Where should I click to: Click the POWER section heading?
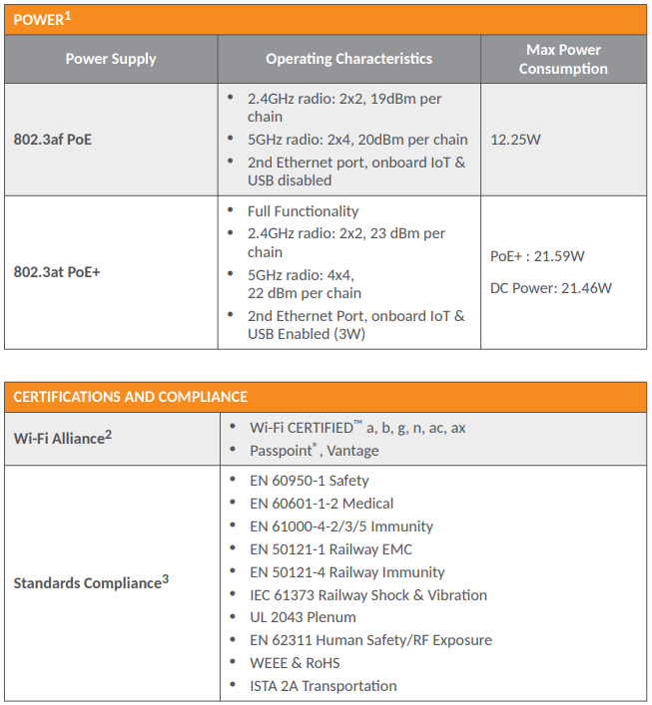(x=41, y=19)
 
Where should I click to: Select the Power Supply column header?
(x=111, y=59)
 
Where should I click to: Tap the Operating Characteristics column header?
(x=348, y=59)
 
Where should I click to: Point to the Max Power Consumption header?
(x=563, y=59)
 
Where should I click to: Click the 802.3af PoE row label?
(x=52, y=140)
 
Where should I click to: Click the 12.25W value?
(x=515, y=140)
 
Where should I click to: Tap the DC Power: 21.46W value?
(x=550, y=288)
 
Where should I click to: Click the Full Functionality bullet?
(x=303, y=211)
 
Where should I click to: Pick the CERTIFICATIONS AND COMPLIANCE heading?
(x=130, y=397)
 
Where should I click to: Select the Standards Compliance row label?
(x=90, y=582)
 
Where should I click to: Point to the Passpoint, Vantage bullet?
(x=314, y=451)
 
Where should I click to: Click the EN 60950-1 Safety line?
(x=309, y=481)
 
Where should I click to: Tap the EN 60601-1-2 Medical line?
(x=321, y=504)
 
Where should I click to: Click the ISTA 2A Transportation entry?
(x=323, y=686)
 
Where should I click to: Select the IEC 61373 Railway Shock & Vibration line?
(x=367, y=595)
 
